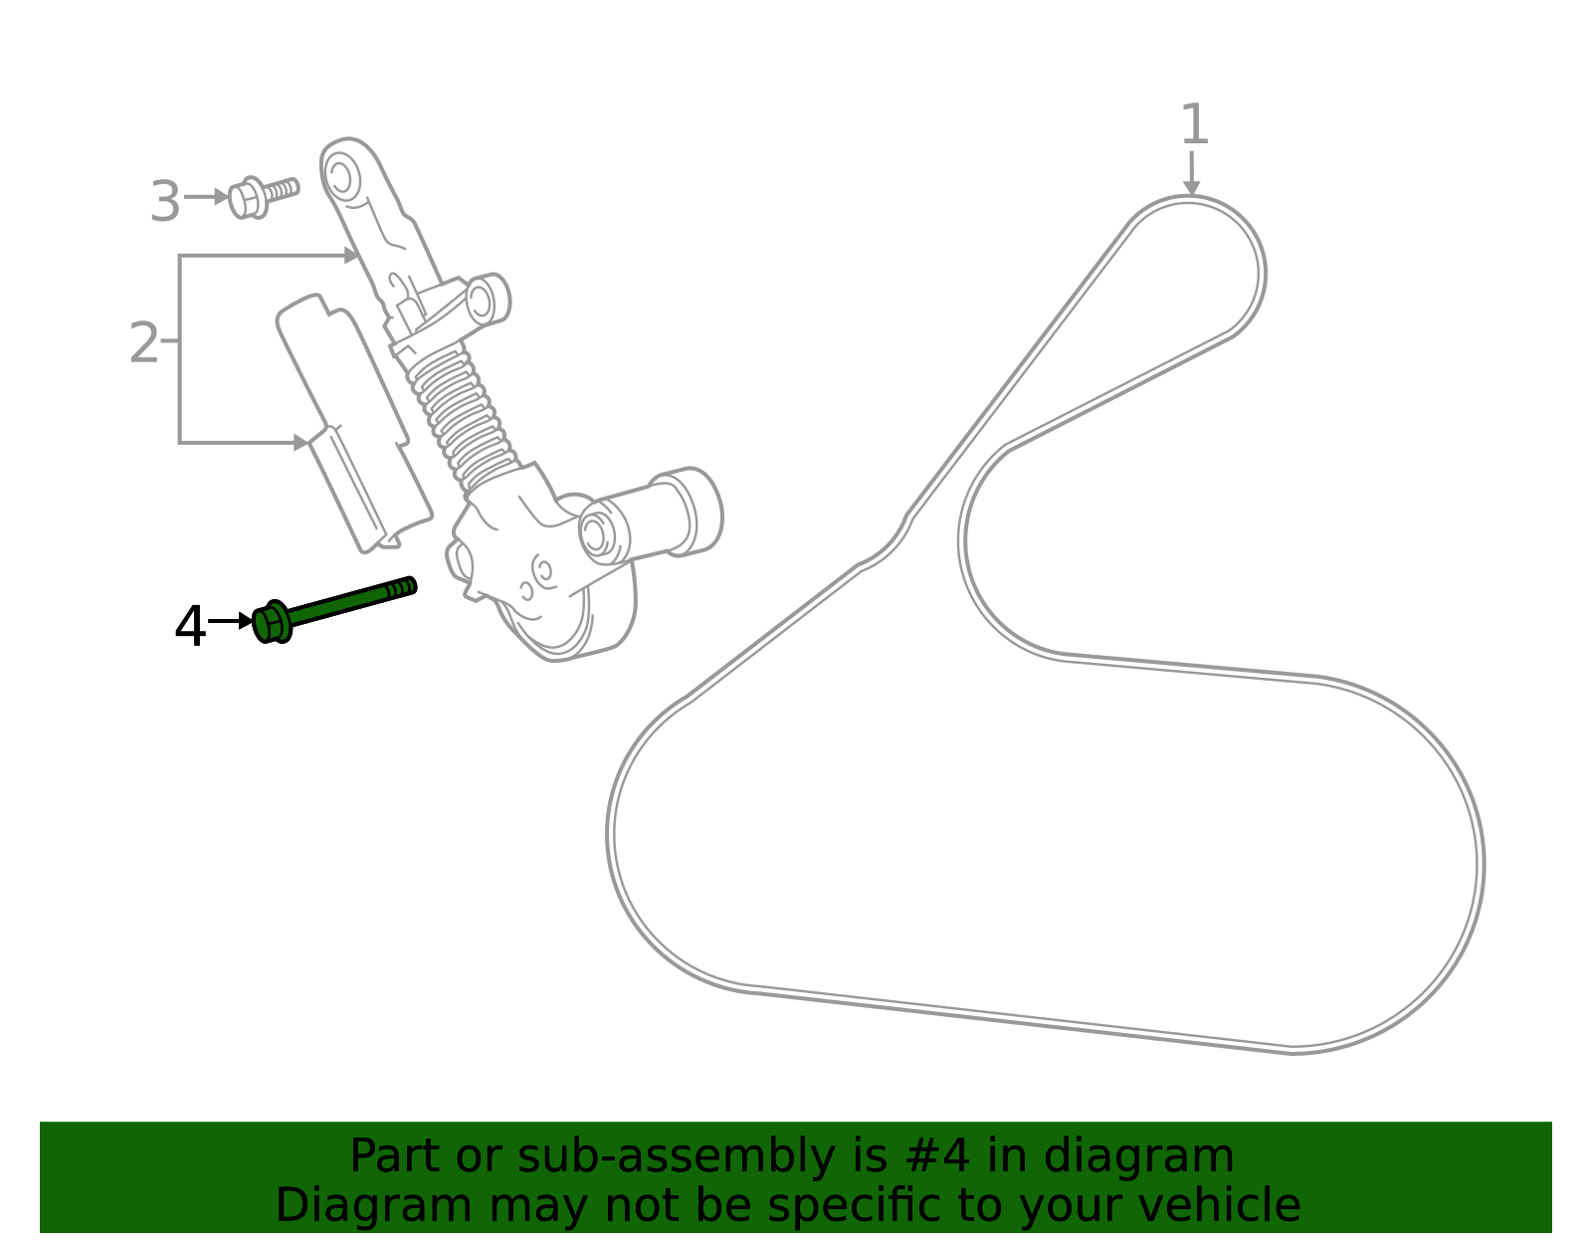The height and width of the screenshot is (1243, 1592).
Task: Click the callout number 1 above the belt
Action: pos(1194,123)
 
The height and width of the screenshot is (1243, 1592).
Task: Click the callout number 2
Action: pos(143,342)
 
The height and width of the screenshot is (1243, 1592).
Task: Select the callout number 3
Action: pos(165,201)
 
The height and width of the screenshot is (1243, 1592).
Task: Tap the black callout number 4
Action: pos(190,626)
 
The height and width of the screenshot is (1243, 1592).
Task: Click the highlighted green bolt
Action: pos(334,609)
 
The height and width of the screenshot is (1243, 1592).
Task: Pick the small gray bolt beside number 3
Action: pos(264,197)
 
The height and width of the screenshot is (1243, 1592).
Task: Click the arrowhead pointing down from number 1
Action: pos(1191,186)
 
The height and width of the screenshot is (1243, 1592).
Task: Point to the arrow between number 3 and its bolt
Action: pos(206,197)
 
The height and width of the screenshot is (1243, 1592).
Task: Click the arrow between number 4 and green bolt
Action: pos(230,620)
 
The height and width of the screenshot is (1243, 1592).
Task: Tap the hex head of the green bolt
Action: pos(272,622)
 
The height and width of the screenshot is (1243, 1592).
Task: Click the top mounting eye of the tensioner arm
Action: pos(339,176)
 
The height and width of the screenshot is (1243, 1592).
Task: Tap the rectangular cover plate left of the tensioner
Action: pos(354,423)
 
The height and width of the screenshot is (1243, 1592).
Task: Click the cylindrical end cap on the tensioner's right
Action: pos(688,512)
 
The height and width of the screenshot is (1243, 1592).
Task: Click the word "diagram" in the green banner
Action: pos(1138,1155)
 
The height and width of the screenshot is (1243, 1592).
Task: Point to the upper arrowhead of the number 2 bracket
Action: pos(351,255)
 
